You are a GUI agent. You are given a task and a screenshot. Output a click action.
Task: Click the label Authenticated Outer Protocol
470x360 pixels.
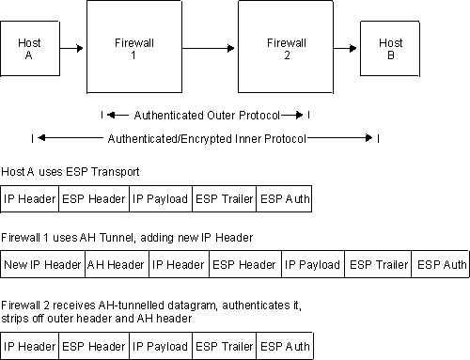(x=206, y=116)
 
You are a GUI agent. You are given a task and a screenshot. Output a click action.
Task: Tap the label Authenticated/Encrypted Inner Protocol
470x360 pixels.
(x=206, y=138)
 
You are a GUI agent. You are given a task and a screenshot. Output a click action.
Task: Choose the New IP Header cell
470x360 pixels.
(x=43, y=265)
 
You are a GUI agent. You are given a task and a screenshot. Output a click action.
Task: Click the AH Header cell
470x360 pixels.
(x=117, y=265)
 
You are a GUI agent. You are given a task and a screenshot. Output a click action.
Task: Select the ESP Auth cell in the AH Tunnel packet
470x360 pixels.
(x=440, y=265)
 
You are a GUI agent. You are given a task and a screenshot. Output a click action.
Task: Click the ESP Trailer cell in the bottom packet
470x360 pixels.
(x=224, y=347)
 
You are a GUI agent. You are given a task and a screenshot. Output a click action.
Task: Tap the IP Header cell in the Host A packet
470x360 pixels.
(x=30, y=199)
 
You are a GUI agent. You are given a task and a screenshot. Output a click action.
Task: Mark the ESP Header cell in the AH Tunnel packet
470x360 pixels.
(x=243, y=265)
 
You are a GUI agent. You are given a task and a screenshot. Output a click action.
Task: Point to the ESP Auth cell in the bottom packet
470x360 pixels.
(x=284, y=347)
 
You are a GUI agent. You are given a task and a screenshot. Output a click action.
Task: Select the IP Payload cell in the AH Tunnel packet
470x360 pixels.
(x=312, y=265)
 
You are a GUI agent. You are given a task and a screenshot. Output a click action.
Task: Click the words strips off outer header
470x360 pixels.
(x=58, y=319)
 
